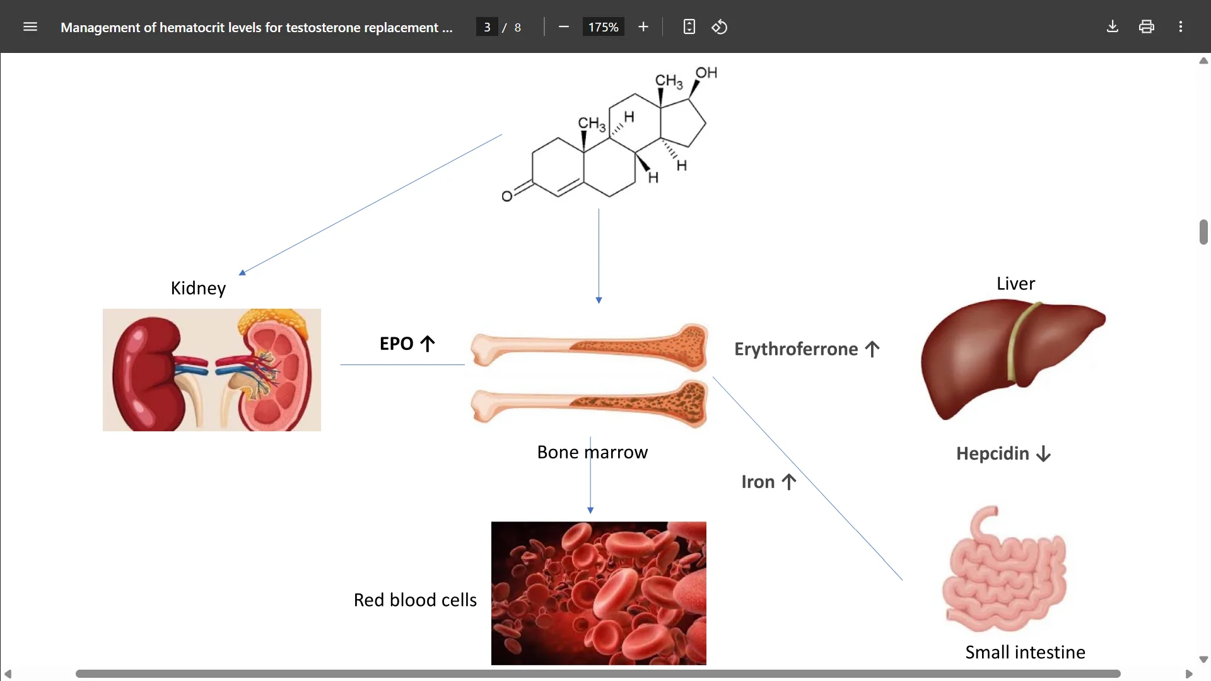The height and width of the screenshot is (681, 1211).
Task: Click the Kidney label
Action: pos(198,288)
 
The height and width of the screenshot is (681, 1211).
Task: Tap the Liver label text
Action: pos(1015,284)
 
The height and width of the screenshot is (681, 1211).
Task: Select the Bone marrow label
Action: pos(592,452)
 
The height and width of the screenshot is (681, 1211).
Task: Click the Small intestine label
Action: pos(1025,652)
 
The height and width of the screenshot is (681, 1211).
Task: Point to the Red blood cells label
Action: pos(415,600)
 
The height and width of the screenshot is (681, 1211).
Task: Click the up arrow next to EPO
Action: pos(428,344)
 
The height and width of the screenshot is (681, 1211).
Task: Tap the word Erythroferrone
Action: pos(796,349)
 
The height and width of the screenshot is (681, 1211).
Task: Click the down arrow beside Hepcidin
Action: pos(1044,454)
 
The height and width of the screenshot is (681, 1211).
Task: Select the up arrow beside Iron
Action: pos(789,482)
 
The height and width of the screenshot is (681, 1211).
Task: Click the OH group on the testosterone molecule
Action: pos(706,73)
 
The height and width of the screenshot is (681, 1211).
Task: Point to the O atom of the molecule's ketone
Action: pos(506,197)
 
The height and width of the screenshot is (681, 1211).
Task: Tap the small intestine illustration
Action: pos(1004,571)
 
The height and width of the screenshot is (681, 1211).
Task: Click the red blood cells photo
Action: pos(599,593)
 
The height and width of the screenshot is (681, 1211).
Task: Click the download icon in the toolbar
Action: pos(1113,27)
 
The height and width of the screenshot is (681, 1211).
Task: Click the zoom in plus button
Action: pos(643,27)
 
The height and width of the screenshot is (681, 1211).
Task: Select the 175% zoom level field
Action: pos(603,27)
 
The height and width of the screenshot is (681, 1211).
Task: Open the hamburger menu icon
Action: pos(30,27)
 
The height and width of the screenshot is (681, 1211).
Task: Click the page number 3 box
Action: pos(487,27)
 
